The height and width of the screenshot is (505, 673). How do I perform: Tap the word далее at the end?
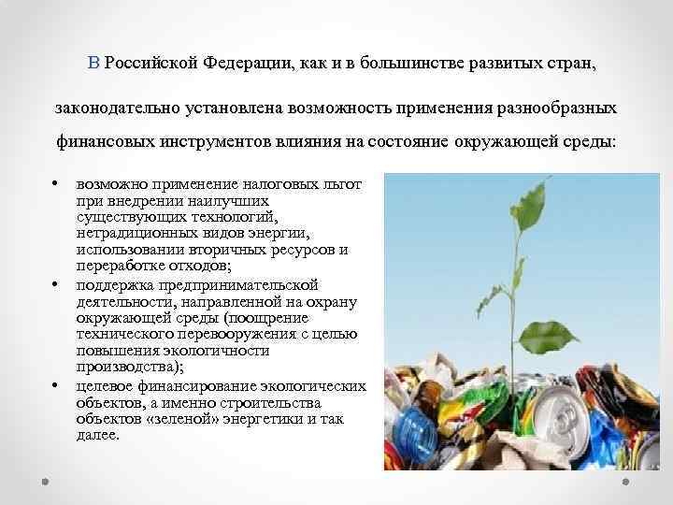98,435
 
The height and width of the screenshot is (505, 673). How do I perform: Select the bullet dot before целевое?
57,384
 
